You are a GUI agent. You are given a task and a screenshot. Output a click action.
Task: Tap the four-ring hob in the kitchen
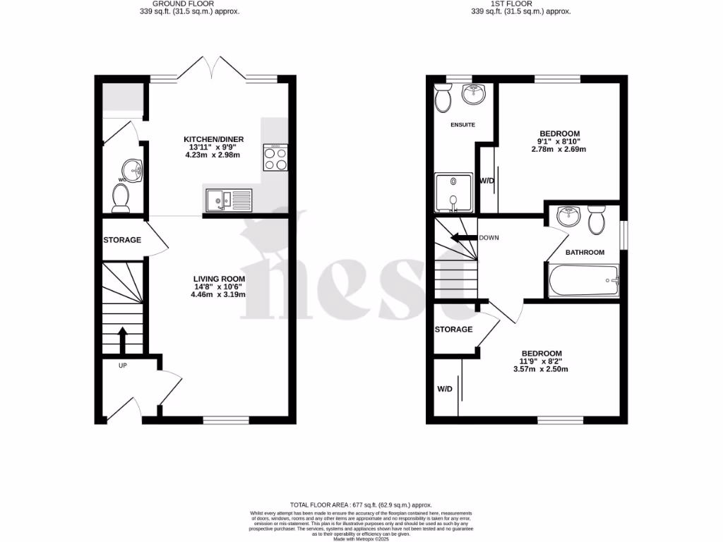click(275, 157)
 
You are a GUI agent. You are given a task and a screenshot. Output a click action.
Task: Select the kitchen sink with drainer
click(229, 200)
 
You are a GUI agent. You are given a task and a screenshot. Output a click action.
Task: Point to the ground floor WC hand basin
click(131, 169)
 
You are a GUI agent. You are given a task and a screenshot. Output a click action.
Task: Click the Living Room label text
click(219, 279)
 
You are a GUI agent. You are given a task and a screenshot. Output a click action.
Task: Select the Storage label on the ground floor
click(122, 240)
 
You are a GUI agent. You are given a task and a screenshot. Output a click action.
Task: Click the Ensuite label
click(462, 125)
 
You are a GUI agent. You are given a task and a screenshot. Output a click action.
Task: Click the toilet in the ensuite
click(443, 98)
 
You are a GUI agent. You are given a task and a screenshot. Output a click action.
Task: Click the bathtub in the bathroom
click(583, 281)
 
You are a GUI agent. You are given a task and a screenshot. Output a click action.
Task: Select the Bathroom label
click(585, 253)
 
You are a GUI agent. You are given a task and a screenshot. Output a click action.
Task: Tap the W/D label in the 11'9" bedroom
click(445, 389)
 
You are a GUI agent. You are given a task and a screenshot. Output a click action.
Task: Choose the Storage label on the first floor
click(453, 330)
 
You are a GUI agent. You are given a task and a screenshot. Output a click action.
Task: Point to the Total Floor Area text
click(361, 505)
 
